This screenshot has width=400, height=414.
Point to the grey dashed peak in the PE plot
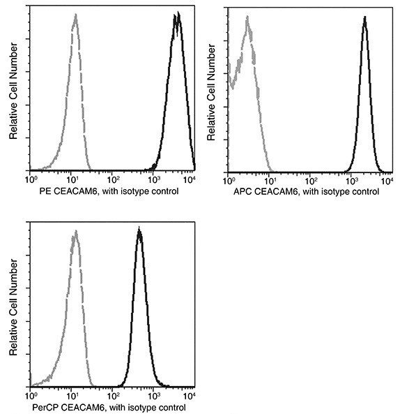(x=75, y=15)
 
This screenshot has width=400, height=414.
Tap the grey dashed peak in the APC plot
(x=247, y=20)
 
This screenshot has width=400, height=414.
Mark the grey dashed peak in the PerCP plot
(x=74, y=232)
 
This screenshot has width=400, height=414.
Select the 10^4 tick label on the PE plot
(x=191, y=179)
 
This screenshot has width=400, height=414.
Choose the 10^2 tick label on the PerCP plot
(x=111, y=395)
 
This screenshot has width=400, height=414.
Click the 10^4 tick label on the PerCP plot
(x=191, y=395)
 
